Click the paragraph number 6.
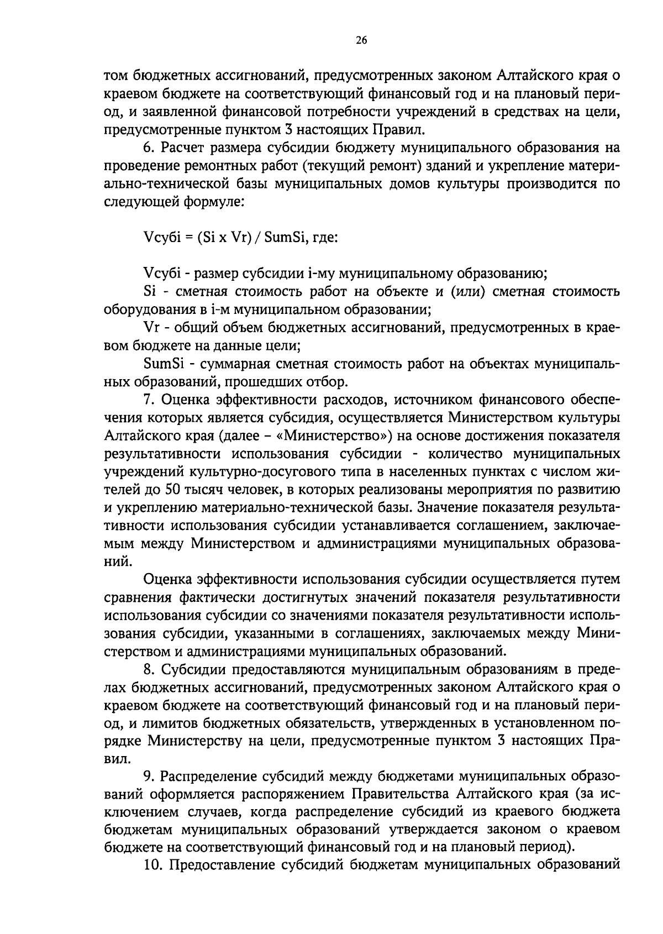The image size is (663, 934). tap(147, 148)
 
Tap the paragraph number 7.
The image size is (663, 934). tap(147, 400)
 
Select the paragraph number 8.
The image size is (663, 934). tap(147, 670)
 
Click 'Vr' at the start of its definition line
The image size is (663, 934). tap(151, 328)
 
